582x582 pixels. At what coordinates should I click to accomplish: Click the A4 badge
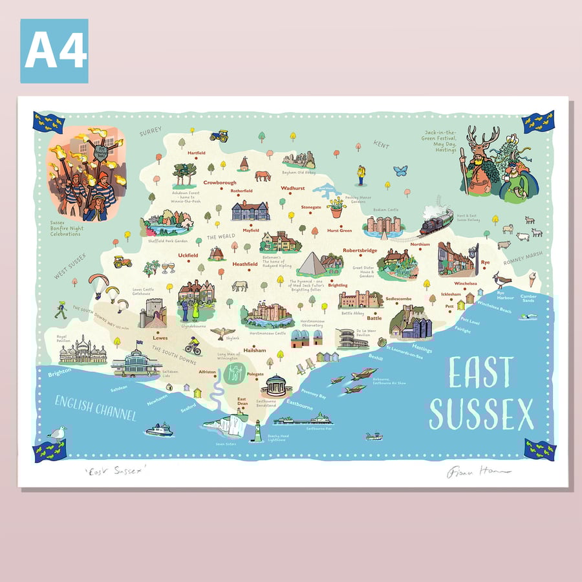54,51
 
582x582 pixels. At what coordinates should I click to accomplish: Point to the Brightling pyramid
314,264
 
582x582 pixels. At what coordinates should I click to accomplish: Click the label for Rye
485,262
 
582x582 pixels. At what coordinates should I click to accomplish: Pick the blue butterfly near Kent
400,170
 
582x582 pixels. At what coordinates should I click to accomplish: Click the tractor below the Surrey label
219,136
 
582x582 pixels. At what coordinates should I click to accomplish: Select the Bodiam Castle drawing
383,224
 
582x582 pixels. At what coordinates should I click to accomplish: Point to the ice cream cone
532,279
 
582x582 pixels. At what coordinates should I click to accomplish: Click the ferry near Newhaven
159,429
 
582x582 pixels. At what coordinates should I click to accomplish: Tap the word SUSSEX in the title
482,413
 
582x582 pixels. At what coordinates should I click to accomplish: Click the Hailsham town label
254,350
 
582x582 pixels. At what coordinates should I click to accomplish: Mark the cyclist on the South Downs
193,347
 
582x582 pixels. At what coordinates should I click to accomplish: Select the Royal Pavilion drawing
79,353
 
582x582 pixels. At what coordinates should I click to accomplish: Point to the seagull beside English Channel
58,433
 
